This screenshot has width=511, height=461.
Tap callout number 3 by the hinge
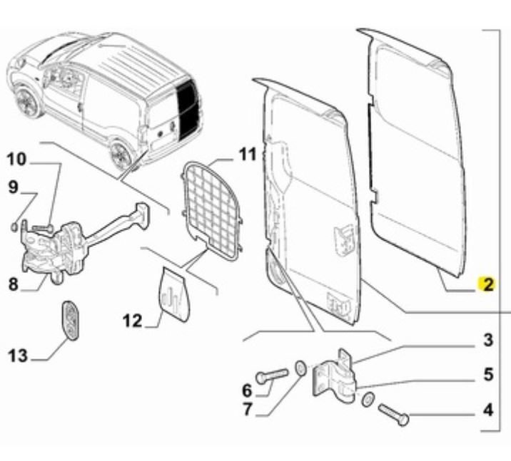(x=487, y=340)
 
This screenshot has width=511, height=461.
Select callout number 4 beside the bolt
(x=487, y=410)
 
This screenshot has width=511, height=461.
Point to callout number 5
(x=487, y=374)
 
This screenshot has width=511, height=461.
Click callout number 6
(x=248, y=390)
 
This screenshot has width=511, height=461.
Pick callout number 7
(x=248, y=410)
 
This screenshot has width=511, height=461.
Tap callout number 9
(x=13, y=187)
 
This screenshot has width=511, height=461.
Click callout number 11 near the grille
(x=246, y=154)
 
